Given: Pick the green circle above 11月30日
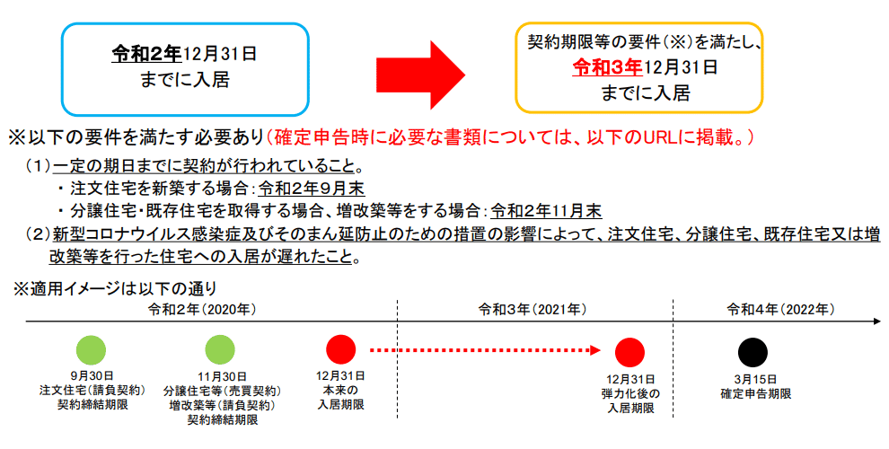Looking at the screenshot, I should (220, 349).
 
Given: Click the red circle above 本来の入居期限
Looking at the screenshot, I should (341, 349).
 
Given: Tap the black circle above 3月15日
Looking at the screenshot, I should (753, 352).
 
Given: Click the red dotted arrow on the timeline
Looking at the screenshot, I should (485, 350).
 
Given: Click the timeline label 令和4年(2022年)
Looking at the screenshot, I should (780, 309).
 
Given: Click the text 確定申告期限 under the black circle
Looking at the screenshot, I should (755, 392).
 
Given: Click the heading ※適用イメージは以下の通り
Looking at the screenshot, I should (114, 287).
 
